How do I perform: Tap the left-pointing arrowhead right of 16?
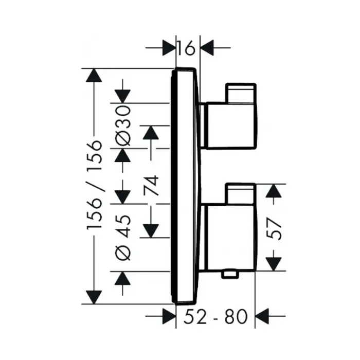click(x=207, y=49)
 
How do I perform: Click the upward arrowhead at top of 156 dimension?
click(x=93, y=76)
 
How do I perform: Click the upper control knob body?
click(x=230, y=123)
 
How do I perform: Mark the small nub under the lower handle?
click(x=230, y=276)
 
